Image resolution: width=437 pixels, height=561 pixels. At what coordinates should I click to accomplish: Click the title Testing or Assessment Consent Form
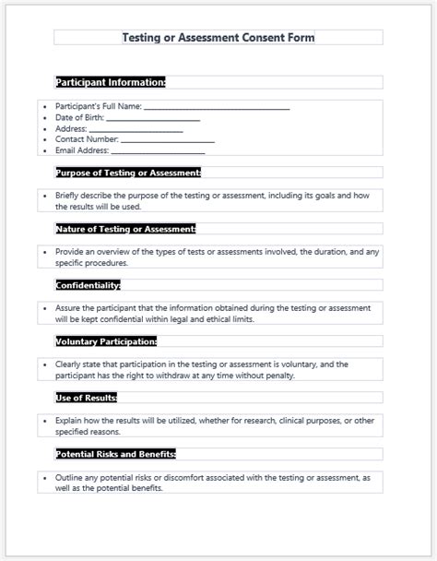click(x=218, y=38)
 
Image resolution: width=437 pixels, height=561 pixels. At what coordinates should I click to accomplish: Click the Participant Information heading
click(x=111, y=82)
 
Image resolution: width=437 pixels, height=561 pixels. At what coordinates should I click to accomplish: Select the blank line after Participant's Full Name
click(x=218, y=108)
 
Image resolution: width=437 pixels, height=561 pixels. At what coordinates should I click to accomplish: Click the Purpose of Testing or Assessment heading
click(x=128, y=173)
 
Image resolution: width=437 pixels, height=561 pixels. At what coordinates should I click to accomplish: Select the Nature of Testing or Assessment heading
click(x=125, y=229)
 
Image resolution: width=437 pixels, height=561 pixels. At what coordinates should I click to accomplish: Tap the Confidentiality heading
click(x=88, y=285)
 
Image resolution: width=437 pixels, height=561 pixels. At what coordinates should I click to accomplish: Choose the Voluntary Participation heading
click(x=106, y=341)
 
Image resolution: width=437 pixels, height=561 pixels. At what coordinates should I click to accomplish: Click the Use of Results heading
click(x=86, y=398)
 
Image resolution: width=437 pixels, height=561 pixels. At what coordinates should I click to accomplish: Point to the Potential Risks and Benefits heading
click(x=116, y=454)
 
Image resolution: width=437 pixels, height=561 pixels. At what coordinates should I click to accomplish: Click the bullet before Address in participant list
click(x=46, y=129)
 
